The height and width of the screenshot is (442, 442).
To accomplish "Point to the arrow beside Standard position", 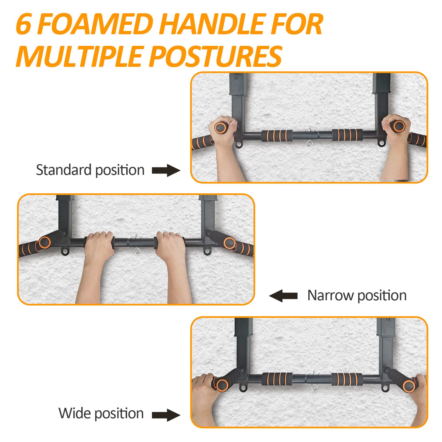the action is pos(166,170).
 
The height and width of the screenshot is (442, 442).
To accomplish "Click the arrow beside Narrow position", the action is pos(283,296).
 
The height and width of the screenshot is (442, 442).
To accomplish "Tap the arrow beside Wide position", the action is pos(166,415).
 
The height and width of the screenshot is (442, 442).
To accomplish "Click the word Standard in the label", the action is pos(64,170).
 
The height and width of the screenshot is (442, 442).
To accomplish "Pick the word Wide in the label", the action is pos(73,413).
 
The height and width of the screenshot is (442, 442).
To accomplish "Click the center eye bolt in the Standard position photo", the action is pos(309,143).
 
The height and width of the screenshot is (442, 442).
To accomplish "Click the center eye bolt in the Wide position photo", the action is pos(314,388).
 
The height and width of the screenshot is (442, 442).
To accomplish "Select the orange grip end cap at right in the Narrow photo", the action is pos(230,243).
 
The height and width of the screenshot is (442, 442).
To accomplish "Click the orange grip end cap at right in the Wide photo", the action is pos(409,386).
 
